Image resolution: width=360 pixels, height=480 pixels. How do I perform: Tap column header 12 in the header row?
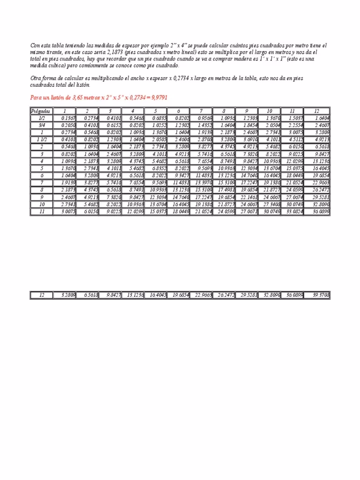tap(317, 111)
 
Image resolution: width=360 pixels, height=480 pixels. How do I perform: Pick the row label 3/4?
tap(42, 125)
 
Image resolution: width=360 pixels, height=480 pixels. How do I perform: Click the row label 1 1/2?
tap(42, 139)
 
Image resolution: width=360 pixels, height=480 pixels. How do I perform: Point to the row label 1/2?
tap(42, 118)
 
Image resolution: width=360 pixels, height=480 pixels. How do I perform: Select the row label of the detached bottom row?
tap(42, 295)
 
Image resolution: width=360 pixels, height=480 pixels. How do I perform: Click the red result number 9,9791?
tap(158, 97)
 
